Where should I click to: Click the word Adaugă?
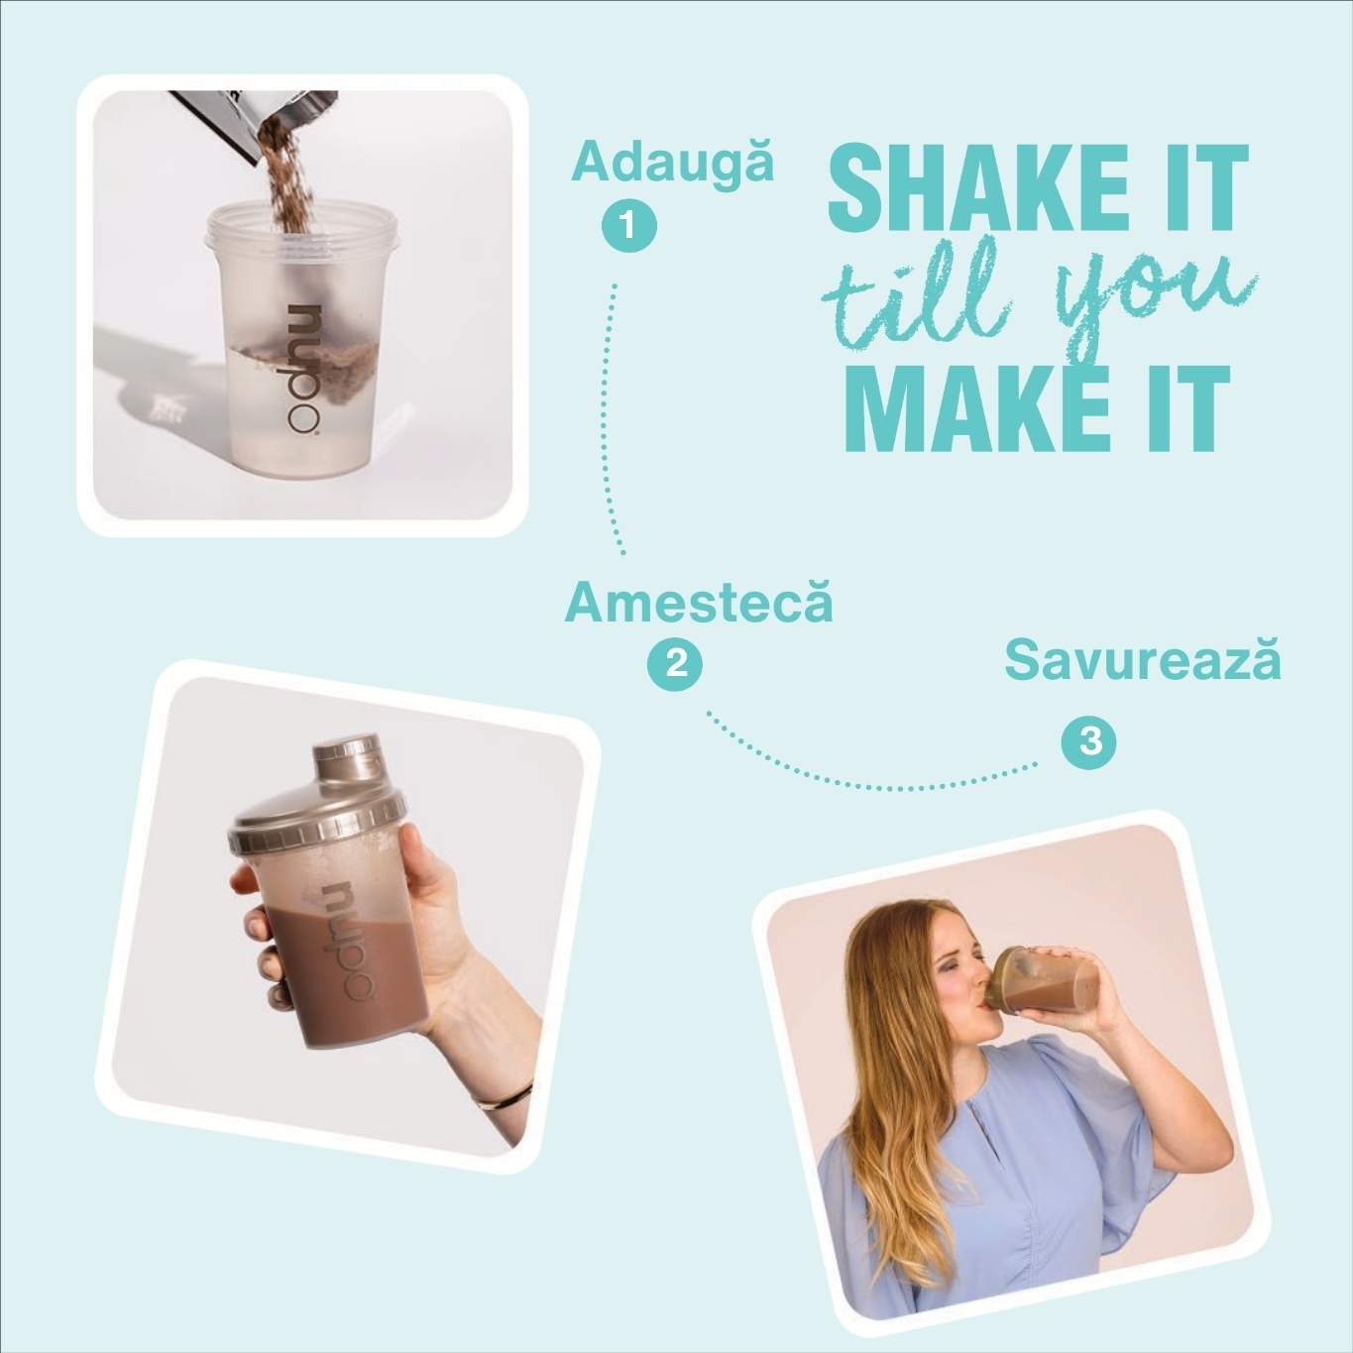672,163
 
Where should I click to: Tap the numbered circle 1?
628,225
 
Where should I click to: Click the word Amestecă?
699,604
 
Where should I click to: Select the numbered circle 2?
675,663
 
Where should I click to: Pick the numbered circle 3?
1088,741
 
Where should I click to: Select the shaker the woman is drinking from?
1041,984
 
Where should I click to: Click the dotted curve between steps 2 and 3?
872,783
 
